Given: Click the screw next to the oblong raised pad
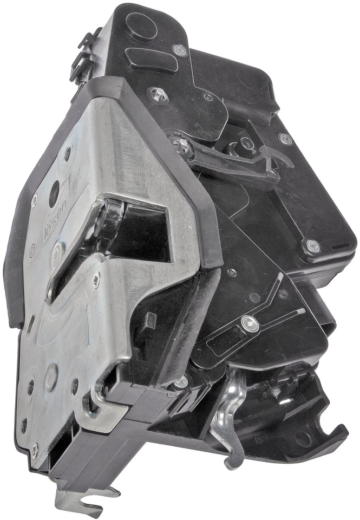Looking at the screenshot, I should click(x=180, y=50).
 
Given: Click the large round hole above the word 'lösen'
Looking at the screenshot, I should click(x=55, y=193).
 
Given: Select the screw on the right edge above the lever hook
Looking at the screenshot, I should click(x=286, y=138).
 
